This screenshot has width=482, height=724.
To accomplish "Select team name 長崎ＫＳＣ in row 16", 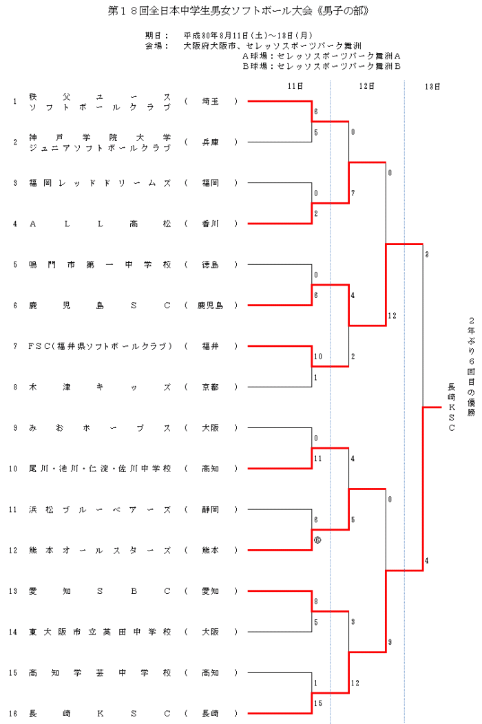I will tap(100, 713).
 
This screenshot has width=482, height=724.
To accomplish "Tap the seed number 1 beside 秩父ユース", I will tap(14, 101).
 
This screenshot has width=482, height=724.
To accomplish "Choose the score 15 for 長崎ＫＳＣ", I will tap(317, 703).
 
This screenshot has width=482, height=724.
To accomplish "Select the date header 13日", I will tap(433, 86).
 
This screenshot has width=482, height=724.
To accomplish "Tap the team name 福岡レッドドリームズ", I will tap(100, 183).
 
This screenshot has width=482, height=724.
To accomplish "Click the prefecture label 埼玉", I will tap(210, 101).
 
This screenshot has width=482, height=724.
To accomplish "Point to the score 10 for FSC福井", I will tap(318, 356).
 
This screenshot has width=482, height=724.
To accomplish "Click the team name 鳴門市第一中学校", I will tap(100, 264).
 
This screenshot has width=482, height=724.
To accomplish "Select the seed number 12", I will tap(13, 551).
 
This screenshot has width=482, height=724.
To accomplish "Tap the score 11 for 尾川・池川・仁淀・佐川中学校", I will tap(318, 458).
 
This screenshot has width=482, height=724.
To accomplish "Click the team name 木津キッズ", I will tap(100, 387).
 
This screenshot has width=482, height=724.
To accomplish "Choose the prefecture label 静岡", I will tap(210, 509).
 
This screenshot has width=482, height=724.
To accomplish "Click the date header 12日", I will tap(366, 86).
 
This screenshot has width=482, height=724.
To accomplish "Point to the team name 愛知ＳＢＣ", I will tap(100, 591).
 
